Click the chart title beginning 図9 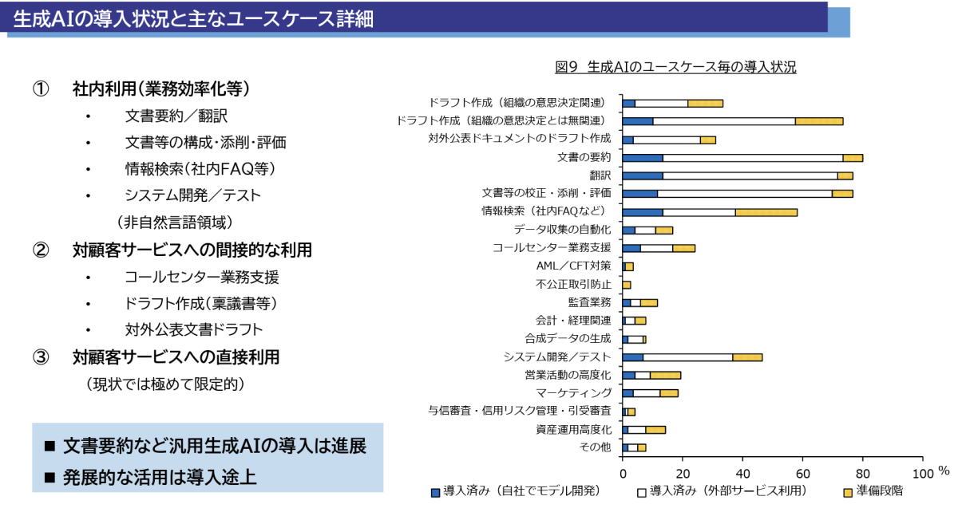(x=675, y=67)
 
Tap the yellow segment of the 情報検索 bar (x=766, y=212)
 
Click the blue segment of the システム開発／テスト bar (x=633, y=356)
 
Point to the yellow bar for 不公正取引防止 (x=627, y=285)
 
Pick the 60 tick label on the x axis (x=802, y=472)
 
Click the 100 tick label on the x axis (x=922, y=472)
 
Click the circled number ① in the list (x=41, y=88)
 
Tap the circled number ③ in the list (x=41, y=357)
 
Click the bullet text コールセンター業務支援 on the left (x=201, y=277)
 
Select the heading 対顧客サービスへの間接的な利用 (x=192, y=250)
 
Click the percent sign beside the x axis (x=944, y=471)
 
